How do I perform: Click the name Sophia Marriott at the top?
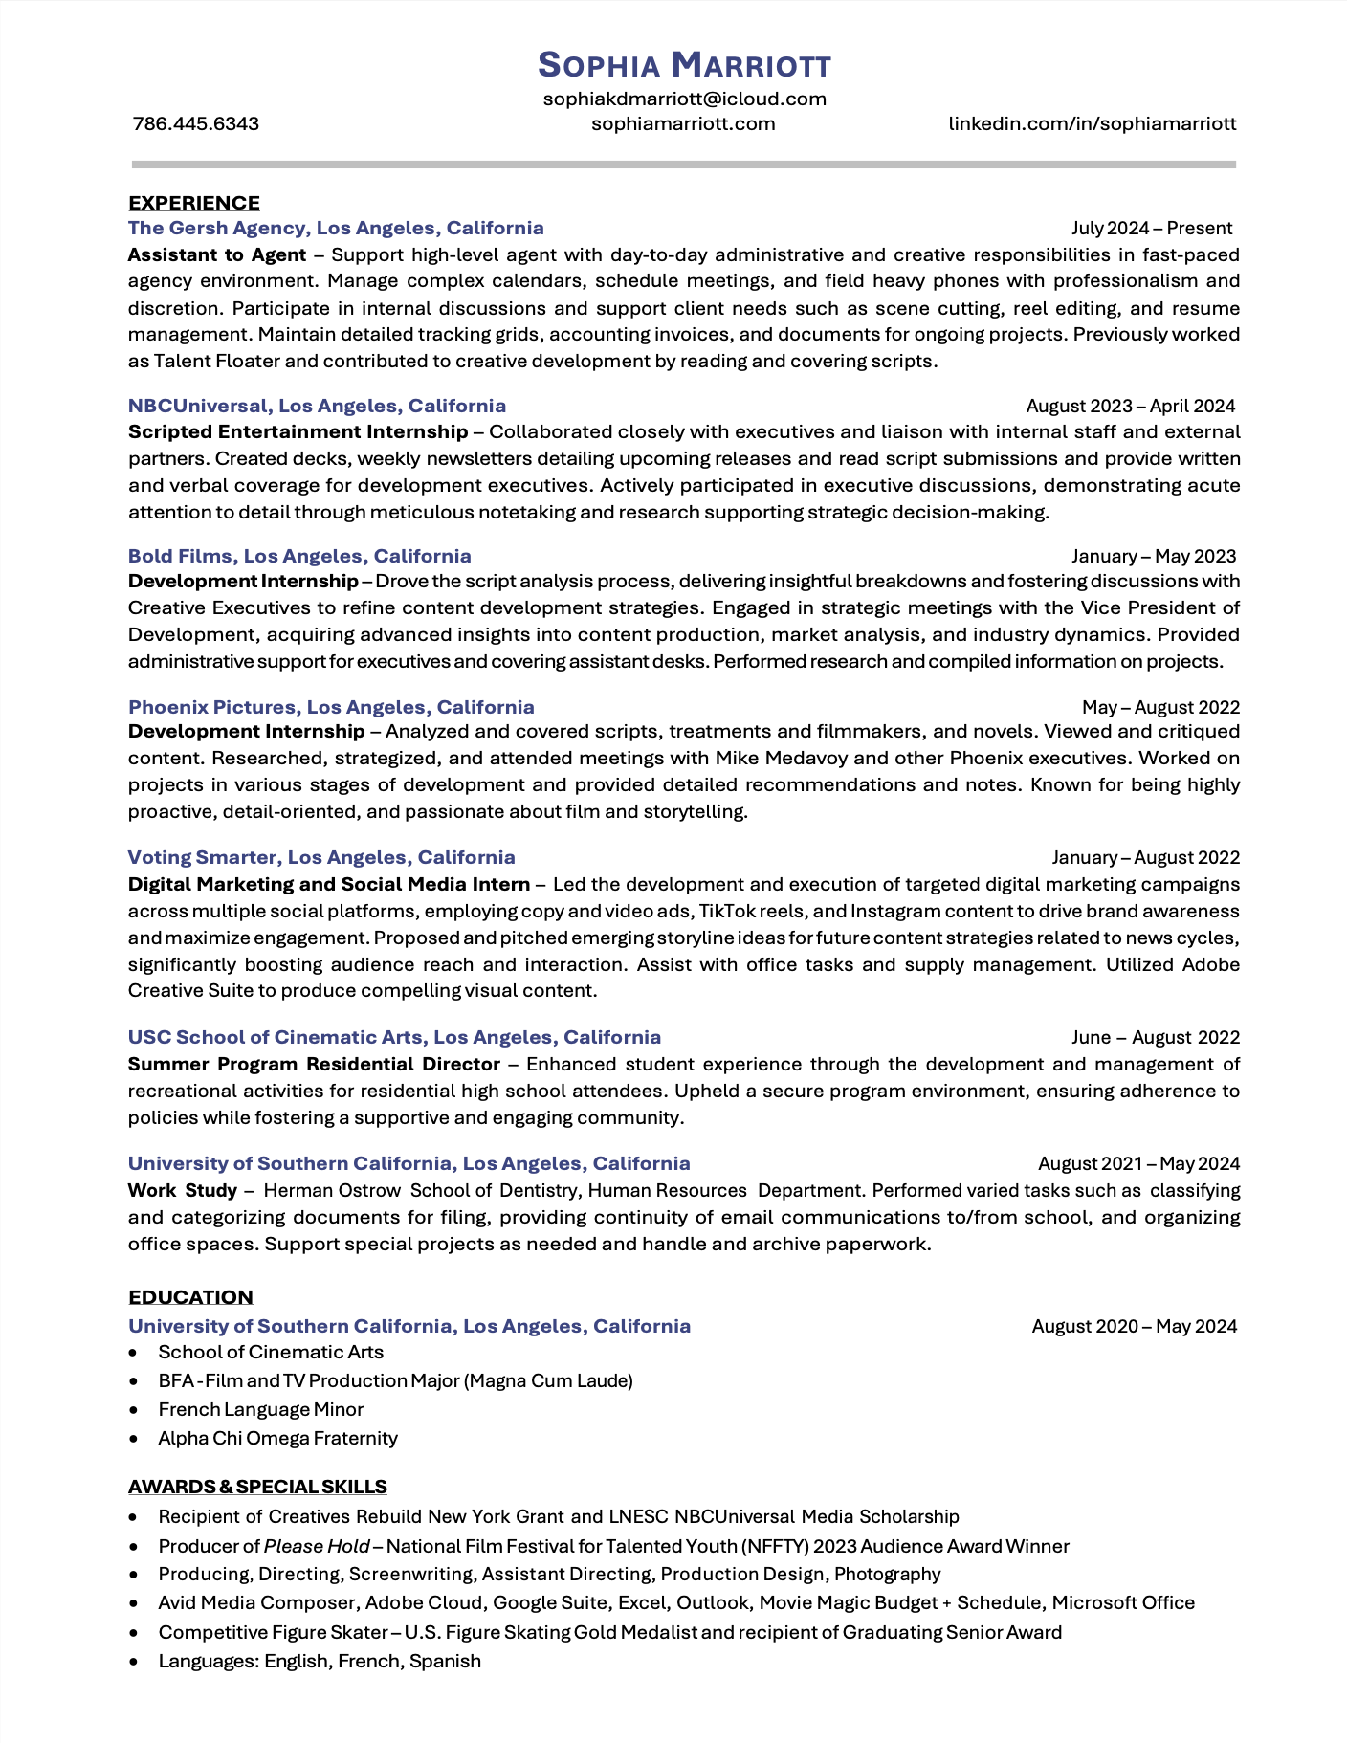tap(684, 65)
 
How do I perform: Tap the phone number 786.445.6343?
tap(196, 123)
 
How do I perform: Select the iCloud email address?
tap(684, 99)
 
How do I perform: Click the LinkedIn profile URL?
tap(1092, 123)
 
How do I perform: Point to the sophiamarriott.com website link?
tap(683, 123)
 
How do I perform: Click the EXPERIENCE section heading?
tap(194, 203)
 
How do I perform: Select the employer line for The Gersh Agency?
tap(336, 228)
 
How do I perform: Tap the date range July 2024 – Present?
tap(1151, 228)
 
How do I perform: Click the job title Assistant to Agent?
tap(217, 254)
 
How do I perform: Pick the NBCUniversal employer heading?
tap(317, 406)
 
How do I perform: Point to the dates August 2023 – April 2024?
tap(1130, 406)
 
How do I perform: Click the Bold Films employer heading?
tap(299, 556)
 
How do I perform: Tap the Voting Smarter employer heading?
tap(321, 857)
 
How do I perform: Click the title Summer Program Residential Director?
tap(314, 1064)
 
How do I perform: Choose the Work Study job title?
tap(183, 1190)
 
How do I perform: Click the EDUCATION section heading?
tap(191, 1297)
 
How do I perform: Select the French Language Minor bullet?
tap(260, 1409)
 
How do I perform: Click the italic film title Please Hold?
tap(317, 1546)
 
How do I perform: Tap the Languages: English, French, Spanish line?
tap(320, 1661)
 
